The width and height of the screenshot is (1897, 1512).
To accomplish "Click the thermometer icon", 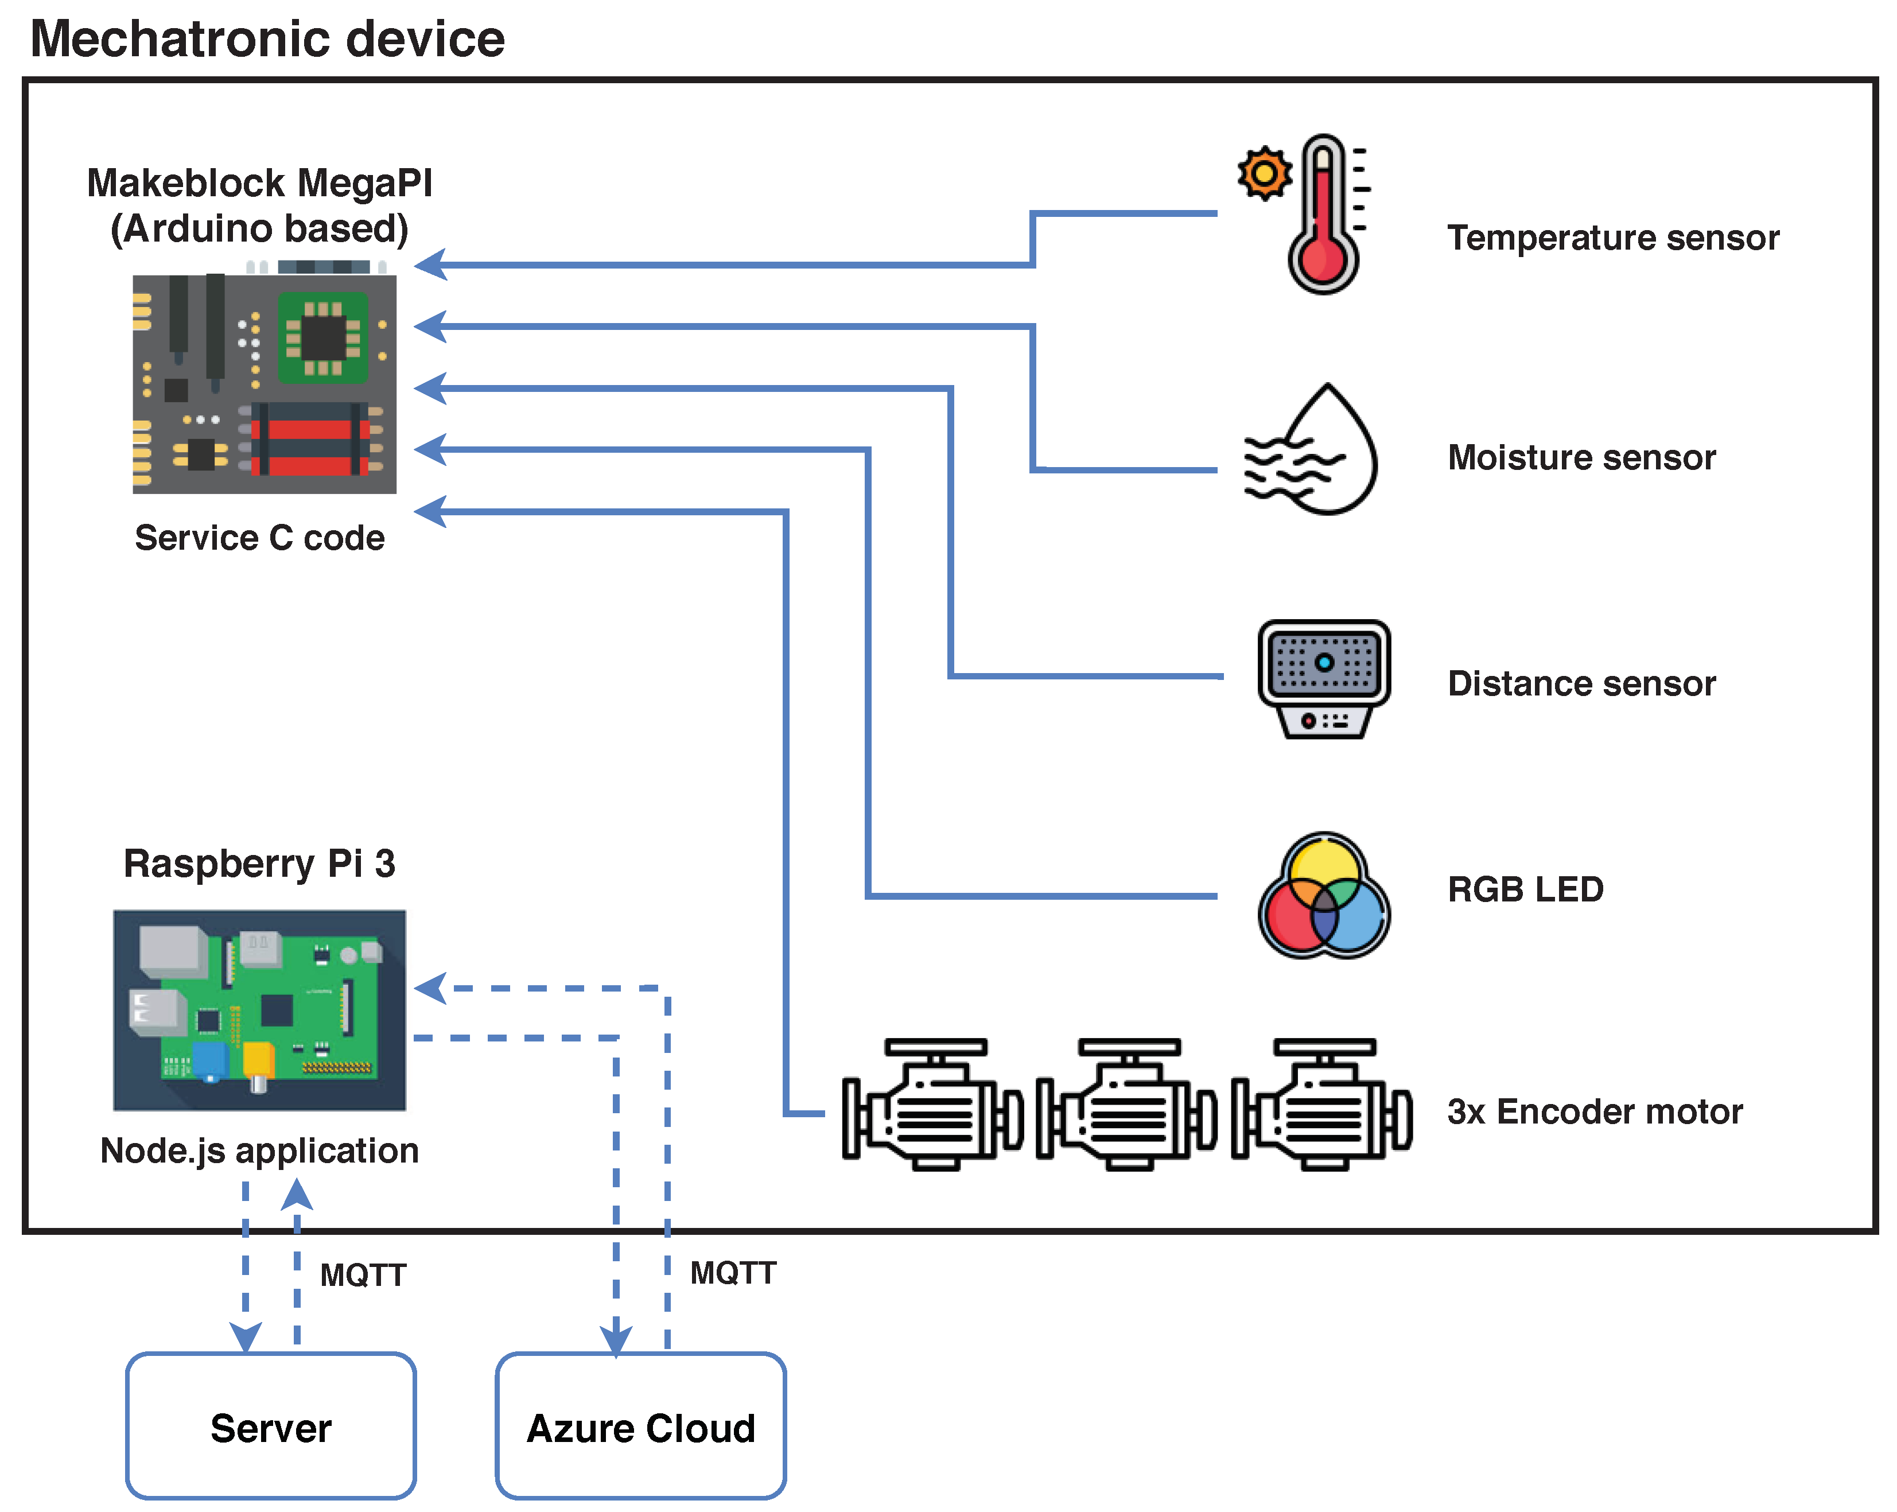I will [1323, 216].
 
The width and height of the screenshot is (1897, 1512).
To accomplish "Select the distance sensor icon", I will [1324, 679].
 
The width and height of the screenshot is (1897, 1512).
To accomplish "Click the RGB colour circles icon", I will [1324, 896].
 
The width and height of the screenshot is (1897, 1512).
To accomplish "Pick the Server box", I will [271, 1426].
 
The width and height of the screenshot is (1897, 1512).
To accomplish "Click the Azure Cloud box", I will [640, 1426].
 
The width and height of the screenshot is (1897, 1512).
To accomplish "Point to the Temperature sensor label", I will [1613, 238].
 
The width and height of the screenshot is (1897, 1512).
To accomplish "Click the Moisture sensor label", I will [1581, 458].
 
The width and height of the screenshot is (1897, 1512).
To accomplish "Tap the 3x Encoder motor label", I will [1595, 1111].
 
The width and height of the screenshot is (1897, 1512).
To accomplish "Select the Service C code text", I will [259, 538].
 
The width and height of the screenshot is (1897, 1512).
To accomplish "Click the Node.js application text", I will [259, 1150].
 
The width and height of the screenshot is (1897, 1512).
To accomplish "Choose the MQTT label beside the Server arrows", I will [363, 1275].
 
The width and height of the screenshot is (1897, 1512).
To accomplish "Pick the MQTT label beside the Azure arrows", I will [733, 1273].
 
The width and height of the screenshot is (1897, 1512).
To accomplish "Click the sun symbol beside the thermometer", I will [1264, 173].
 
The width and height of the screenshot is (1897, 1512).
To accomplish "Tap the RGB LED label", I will [1525, 889].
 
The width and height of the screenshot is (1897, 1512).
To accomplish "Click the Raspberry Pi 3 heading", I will [259, 864].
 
